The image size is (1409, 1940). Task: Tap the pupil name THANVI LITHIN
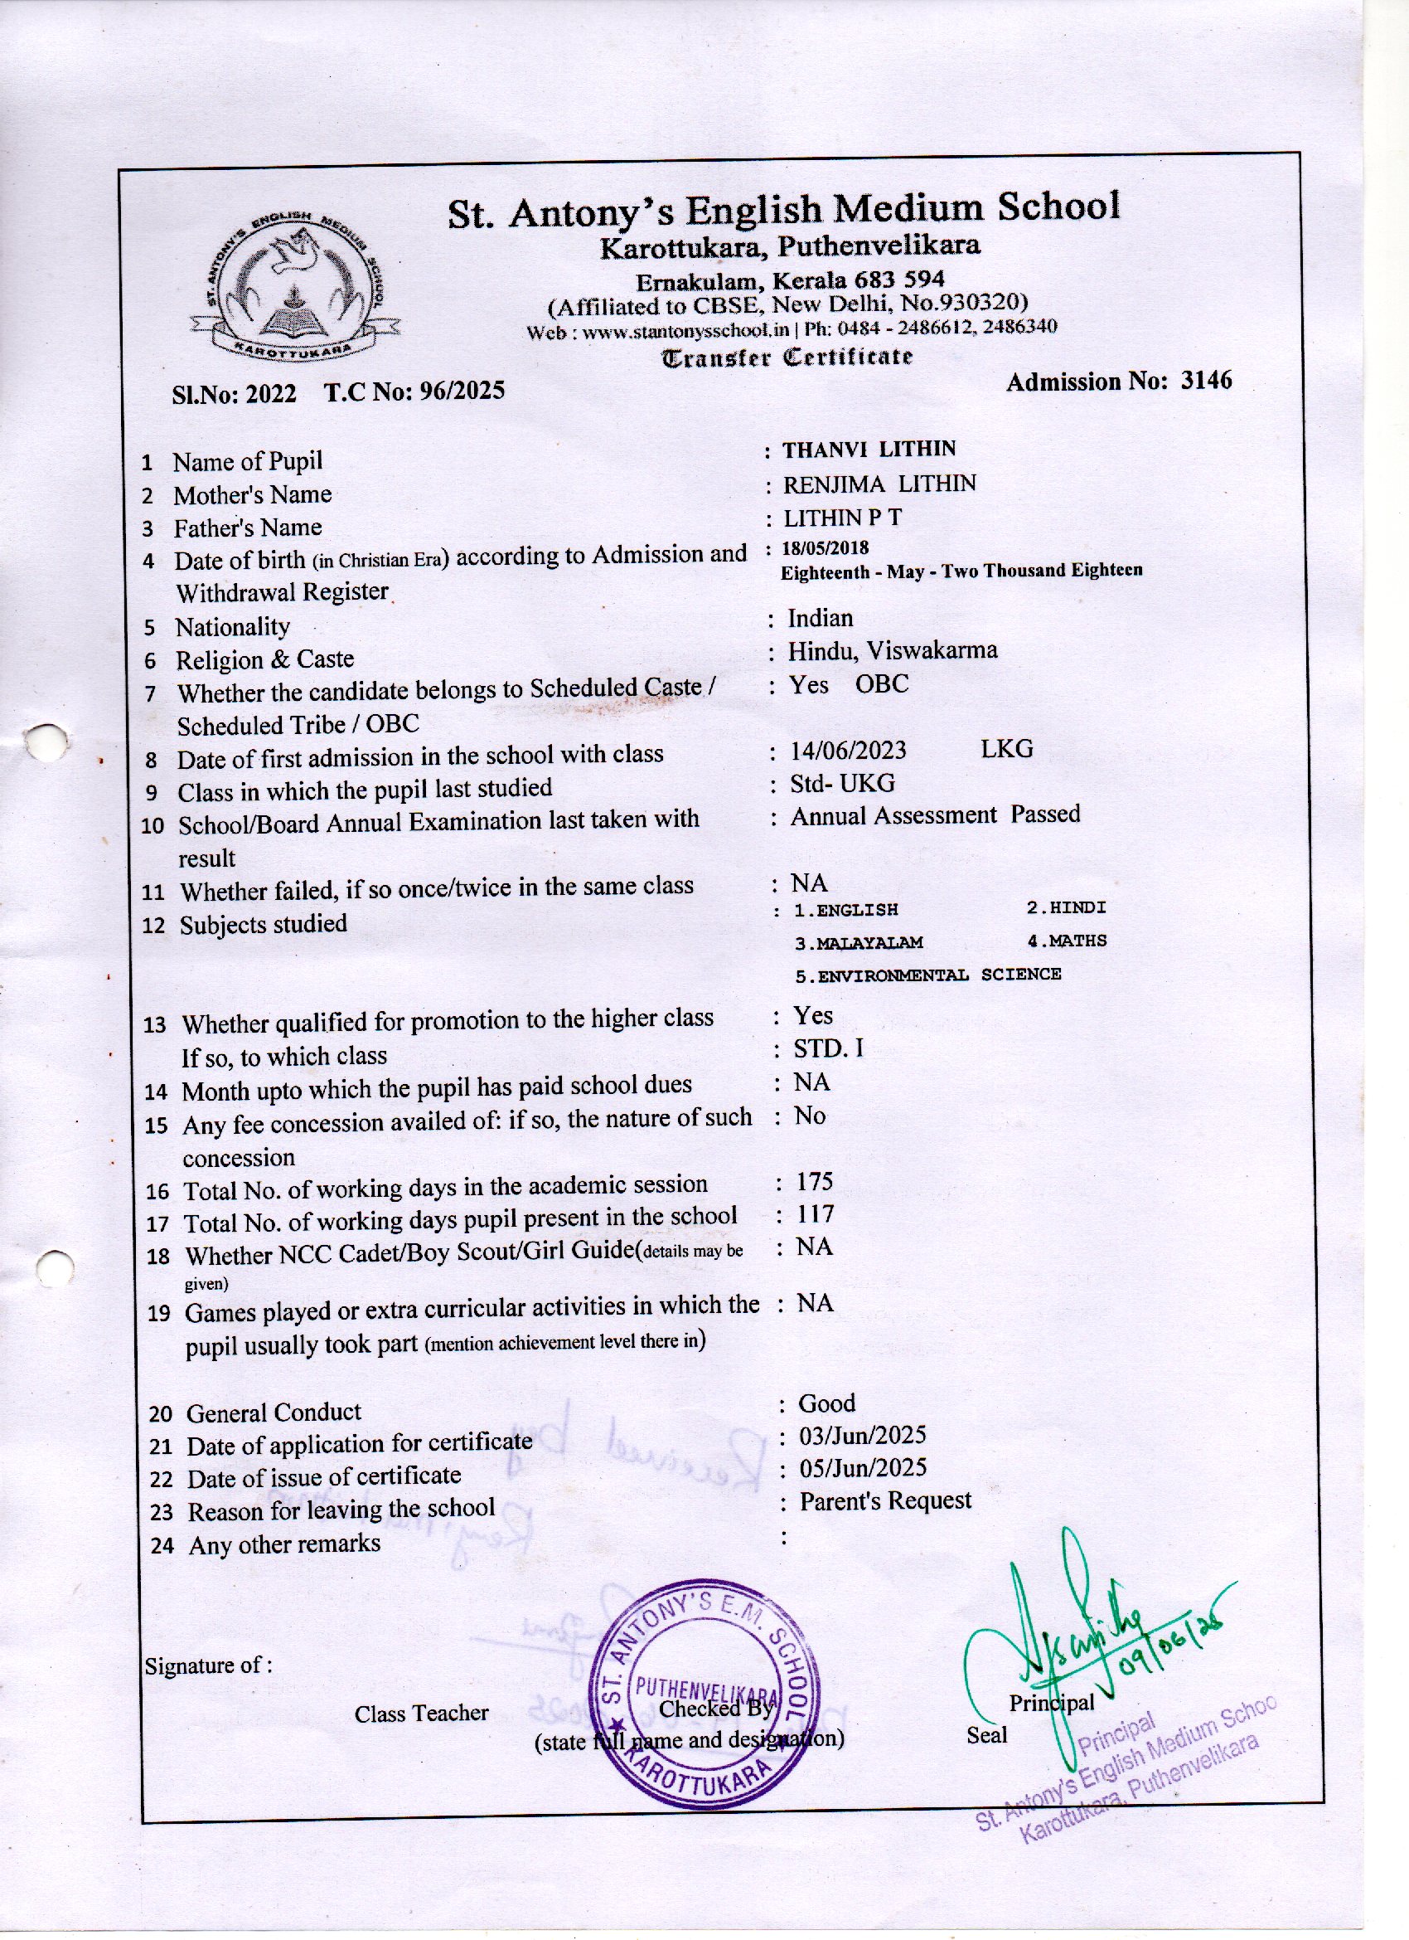coord(869,449)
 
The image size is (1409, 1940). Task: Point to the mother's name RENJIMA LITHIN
coord(879,484)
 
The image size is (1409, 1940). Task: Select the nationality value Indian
coord(820,618)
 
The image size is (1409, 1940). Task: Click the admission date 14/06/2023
coord(847,750)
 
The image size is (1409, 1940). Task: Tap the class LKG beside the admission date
coord(1007,749)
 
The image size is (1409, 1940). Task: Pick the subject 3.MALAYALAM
coord(859,942)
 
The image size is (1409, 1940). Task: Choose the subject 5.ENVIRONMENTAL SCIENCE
coord(927,975)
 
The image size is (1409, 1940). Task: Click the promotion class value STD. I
coord(828,1048)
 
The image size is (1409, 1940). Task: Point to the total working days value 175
coord(814,1182)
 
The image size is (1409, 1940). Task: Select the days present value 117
coord(815,1214)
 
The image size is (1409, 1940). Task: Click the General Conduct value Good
coord(826,1403)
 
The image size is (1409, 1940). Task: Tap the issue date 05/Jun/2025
coord(862,1469)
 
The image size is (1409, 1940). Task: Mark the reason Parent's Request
coord(885,1501)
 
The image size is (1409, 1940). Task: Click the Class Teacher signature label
coord(422,1714)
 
